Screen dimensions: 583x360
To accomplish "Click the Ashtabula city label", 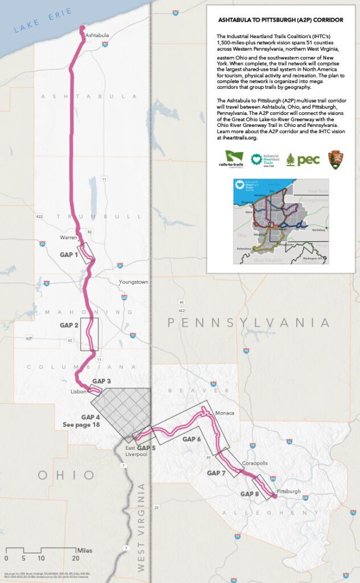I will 96,35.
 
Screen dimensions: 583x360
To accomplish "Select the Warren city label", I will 68,237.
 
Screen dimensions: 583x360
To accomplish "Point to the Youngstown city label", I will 133,282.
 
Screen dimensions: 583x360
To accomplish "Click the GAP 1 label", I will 69,254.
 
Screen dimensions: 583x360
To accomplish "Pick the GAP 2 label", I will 69,325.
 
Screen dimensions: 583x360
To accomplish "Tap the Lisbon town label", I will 78,392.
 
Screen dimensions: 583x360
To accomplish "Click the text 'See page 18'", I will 82,425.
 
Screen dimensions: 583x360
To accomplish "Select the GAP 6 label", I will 191,439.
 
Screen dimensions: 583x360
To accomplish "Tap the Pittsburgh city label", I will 288,491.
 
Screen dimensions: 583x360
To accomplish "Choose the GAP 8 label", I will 249,494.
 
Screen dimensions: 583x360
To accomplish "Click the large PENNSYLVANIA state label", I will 248,323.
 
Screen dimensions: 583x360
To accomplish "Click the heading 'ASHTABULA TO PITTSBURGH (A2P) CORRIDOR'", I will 281,20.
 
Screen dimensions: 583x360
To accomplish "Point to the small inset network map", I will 281,221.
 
